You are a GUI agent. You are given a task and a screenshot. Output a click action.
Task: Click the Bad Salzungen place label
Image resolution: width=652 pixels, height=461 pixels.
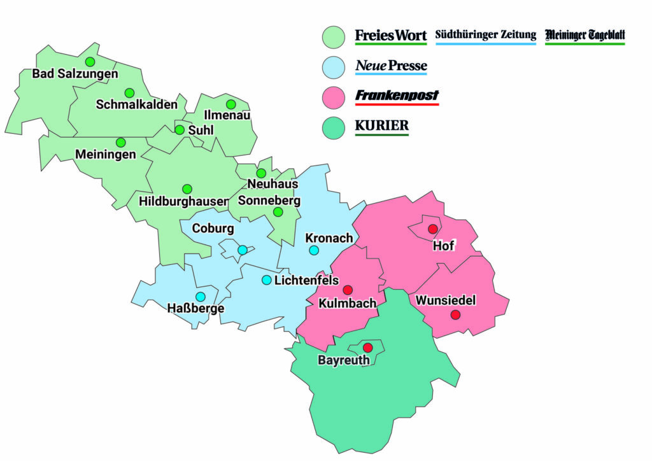tap(75, 74)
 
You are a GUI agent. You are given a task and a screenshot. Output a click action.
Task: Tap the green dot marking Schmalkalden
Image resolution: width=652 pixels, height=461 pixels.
tap(129, 93)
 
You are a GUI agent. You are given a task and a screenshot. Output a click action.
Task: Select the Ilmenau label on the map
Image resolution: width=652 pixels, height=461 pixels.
tap(227, 116)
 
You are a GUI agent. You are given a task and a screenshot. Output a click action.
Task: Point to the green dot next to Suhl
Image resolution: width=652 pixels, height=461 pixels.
tap(180, 130)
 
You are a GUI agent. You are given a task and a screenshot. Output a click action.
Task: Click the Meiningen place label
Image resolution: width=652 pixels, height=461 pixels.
tap(105, 155)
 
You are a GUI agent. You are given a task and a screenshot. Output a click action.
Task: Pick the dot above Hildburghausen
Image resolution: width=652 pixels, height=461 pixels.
tap(187, 189)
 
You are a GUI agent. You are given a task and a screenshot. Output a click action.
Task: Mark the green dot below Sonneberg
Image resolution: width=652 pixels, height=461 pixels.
tap(278, 212)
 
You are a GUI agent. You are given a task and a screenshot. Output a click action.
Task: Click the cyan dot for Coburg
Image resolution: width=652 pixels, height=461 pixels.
tap(243, 250)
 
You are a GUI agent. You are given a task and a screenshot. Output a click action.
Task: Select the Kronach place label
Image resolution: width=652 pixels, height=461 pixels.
tap(329, 238)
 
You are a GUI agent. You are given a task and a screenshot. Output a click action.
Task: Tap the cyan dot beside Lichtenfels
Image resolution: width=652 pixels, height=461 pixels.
tap(267, 280)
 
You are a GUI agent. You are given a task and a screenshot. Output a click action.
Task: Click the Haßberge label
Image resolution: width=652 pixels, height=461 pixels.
tap(195, 309)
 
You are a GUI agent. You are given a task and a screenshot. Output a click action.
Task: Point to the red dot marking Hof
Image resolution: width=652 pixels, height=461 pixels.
tap(433, 229)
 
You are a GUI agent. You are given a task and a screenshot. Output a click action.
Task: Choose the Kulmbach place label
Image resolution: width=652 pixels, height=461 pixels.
tap(348, 303)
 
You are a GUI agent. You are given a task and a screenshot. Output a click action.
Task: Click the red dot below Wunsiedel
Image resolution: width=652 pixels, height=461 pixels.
tap(455, 315)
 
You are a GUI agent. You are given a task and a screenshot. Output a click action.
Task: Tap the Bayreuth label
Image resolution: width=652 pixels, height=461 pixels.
tap(344, 360)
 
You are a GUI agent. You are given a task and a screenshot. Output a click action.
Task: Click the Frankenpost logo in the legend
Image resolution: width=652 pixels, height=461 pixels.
tap(397, 96)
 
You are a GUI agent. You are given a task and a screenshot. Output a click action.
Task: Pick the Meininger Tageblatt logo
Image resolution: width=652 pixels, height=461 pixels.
tap(585, 35)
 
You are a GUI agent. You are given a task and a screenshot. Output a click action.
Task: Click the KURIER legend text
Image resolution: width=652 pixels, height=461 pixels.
tap(381, 125)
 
